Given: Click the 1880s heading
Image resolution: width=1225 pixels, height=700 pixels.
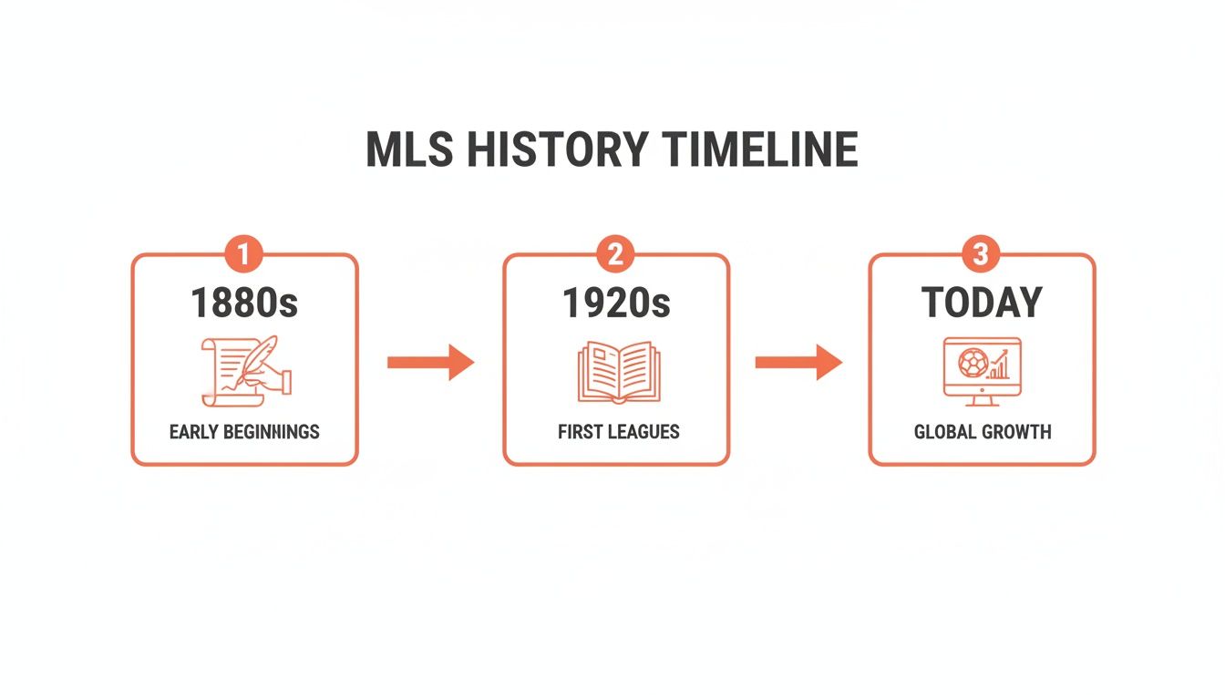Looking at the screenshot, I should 244,304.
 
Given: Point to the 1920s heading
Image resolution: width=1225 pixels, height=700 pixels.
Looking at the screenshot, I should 616,304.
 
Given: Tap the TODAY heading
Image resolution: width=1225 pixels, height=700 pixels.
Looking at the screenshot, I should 982,304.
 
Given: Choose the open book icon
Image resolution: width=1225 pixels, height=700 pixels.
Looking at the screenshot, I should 616,372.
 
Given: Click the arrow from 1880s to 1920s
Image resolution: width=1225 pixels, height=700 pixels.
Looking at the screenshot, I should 430,363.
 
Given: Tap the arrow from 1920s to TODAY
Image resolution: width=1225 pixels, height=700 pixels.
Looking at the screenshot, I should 798,363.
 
